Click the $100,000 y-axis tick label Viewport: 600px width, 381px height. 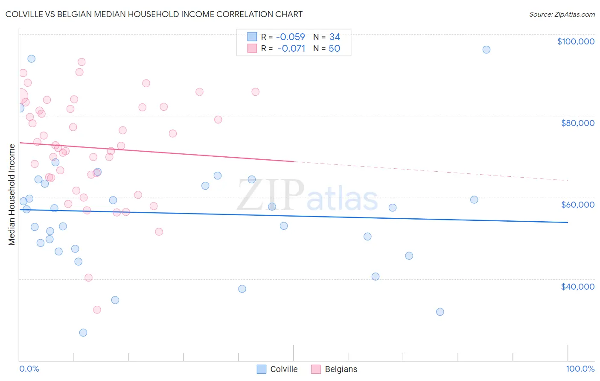[575, 41]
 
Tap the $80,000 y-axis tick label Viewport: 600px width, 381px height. [577, 123]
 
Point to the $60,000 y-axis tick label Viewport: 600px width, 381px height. [577, 205]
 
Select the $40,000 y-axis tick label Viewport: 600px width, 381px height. [577, 287]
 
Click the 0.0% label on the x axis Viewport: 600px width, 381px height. [29, 369]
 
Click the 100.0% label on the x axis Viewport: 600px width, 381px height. [580, 369]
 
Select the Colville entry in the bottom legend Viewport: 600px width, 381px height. [277, 369]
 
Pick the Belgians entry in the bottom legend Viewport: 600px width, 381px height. [335, 369]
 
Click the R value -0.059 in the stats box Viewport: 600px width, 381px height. [290, 37]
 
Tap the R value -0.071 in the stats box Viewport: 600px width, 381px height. [291, 49]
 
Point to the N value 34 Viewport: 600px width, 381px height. [335, 37]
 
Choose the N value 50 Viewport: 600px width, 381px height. [334, 49]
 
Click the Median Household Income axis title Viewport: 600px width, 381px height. [12, 195]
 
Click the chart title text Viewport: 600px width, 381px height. [154, 15]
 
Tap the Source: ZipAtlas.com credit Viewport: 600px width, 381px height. [562, 15]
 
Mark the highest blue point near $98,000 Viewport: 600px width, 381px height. [486, 50]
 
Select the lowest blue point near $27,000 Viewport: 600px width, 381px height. [83, 333]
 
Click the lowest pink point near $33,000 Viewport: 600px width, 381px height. [97, 310]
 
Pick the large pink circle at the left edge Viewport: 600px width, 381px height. [20, 97]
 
